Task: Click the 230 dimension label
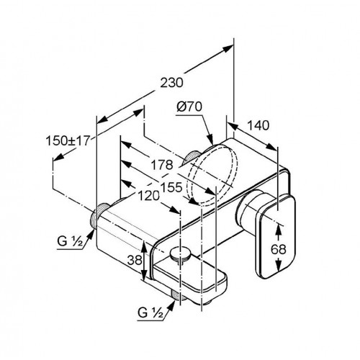172,83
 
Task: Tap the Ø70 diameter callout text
189,107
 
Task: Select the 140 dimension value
258,125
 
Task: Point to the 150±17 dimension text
68,140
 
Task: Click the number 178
162,165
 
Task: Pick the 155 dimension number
171,187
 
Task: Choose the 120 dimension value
148,196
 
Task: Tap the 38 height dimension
135,260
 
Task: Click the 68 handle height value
279,250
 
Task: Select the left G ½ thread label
70,241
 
